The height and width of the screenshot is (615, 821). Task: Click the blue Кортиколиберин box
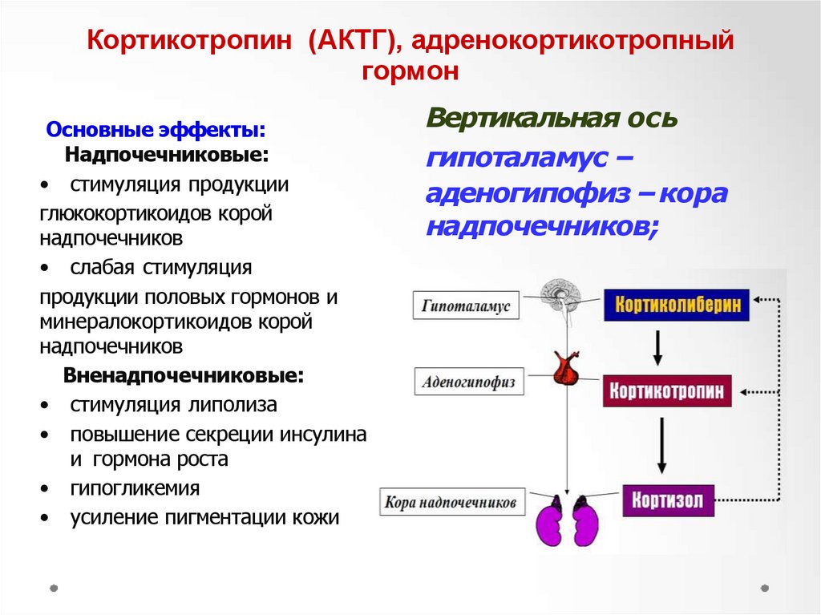click(677, 305)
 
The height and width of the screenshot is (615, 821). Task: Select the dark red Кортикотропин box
click(667, 391)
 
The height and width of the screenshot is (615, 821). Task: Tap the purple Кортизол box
click(667, 501)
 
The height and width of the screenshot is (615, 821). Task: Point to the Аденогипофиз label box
click(469, 382)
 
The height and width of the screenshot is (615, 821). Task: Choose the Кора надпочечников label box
click(453, 504)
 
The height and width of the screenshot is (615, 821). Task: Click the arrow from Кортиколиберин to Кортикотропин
click(657, 346)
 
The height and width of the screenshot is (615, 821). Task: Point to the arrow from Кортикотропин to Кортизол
click(661, 446)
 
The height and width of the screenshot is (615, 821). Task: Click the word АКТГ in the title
click(346, 41)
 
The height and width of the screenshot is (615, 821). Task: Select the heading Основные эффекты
click(156, 130)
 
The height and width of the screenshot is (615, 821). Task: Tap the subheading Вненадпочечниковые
click(184, 375)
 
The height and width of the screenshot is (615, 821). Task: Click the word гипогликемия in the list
click(135, 488)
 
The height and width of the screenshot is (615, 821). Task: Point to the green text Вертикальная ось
click(552, 118)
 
